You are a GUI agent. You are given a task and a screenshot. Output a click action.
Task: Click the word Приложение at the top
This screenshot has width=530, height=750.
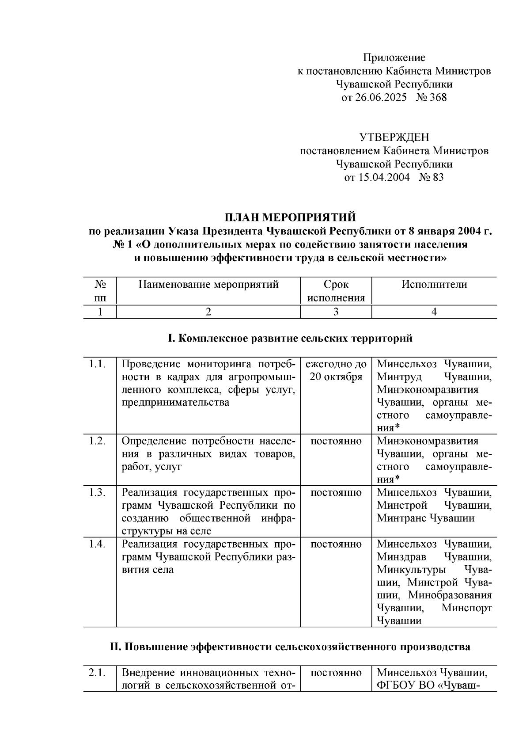pyautogui.click(x=394, y=57)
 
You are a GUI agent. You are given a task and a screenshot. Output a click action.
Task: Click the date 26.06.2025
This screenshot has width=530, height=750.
pyautogui.click(x=380, y=97)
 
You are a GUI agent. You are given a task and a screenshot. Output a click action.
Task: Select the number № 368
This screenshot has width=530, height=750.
pyautogui.click(x=431, y=97)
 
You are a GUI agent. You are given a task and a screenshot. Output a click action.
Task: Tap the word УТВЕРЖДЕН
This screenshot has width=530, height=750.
pyautogui.click(x=394, y=137)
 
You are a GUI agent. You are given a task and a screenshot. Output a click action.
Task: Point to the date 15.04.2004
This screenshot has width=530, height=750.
pyautogui.click(x=382, y=178)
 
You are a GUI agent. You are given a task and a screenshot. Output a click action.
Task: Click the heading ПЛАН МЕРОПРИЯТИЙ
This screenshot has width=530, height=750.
pyautogui.click(x=290, y=217)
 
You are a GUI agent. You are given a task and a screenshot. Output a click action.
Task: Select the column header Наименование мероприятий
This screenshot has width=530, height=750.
pyautogui.click(x=208, y=285)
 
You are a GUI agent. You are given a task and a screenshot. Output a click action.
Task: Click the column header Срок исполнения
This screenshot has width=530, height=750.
pyautogui.click(x=336, y=291)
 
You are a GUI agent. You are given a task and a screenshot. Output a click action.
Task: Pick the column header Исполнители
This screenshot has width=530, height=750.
pyautogui.click(x=434, y=285)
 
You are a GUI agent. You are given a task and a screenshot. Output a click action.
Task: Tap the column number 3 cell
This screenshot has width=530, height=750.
pyautogui.click(x=336, y=312)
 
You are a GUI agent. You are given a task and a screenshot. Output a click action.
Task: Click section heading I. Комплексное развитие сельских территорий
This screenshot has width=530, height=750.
pyautogui.click(x=290, y=339)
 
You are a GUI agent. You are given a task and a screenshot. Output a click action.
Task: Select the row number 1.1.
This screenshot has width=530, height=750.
pyautogui.click(x=97, y=364)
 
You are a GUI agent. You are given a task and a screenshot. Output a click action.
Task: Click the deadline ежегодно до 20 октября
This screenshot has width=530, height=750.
pyautogui.click(x=336, y=370)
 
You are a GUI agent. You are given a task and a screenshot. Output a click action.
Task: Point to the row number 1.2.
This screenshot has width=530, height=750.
pyautogui.click(x=97, y=441)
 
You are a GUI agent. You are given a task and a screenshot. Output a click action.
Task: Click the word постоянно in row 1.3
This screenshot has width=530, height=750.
pyautogui.click(x=336, y=492)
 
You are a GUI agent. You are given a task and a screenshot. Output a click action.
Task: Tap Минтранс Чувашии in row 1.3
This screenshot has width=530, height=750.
pyautogui.click(x=425, y=518)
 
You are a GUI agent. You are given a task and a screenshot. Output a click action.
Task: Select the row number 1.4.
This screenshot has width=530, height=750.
pyautogui.click(x=97, y=544)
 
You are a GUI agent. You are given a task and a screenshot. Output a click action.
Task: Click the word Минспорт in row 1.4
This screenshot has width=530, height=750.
pyautogui.click(x=466, y=608)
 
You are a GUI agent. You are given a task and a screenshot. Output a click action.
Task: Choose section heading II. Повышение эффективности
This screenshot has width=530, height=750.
pyautogui.click(x=290, y=647)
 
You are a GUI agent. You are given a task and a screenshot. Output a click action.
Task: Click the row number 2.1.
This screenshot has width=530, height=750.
pyautogui.click(x=97, y=673)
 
